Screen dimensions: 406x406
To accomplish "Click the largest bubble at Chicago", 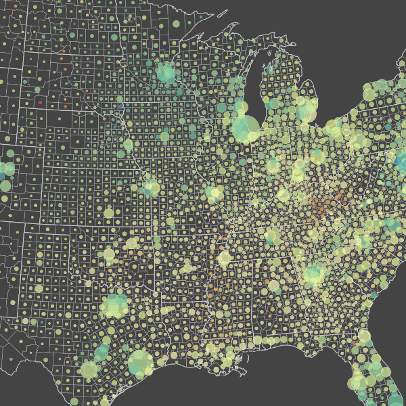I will pos(245,128).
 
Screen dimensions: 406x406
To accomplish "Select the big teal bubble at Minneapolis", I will pos(166,74).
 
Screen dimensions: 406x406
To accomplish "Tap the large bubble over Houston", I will pos(140,363).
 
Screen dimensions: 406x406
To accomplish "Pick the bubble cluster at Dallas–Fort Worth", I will pos(116,306).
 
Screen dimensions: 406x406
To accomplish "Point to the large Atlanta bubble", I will pos(313,275).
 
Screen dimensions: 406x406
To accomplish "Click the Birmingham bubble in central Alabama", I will pos(274,286).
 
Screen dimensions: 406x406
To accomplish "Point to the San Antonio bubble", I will pos(89,369).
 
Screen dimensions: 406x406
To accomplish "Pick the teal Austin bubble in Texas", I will pos(101,353).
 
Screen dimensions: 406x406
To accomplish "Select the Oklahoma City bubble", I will pos(108,255).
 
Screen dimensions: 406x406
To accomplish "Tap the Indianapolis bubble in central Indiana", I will pos(273,165).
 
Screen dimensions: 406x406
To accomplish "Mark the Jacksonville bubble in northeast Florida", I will pos(363,337).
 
